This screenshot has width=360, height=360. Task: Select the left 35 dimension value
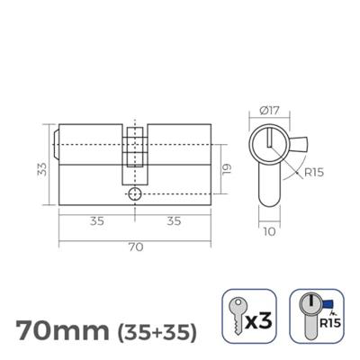pos(95,220)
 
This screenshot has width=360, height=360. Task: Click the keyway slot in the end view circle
pos(269,139)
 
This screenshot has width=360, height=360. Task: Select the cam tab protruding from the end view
pos(299,145)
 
